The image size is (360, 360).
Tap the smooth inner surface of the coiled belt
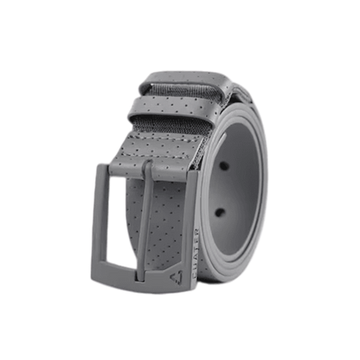(x=242, y=190)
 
